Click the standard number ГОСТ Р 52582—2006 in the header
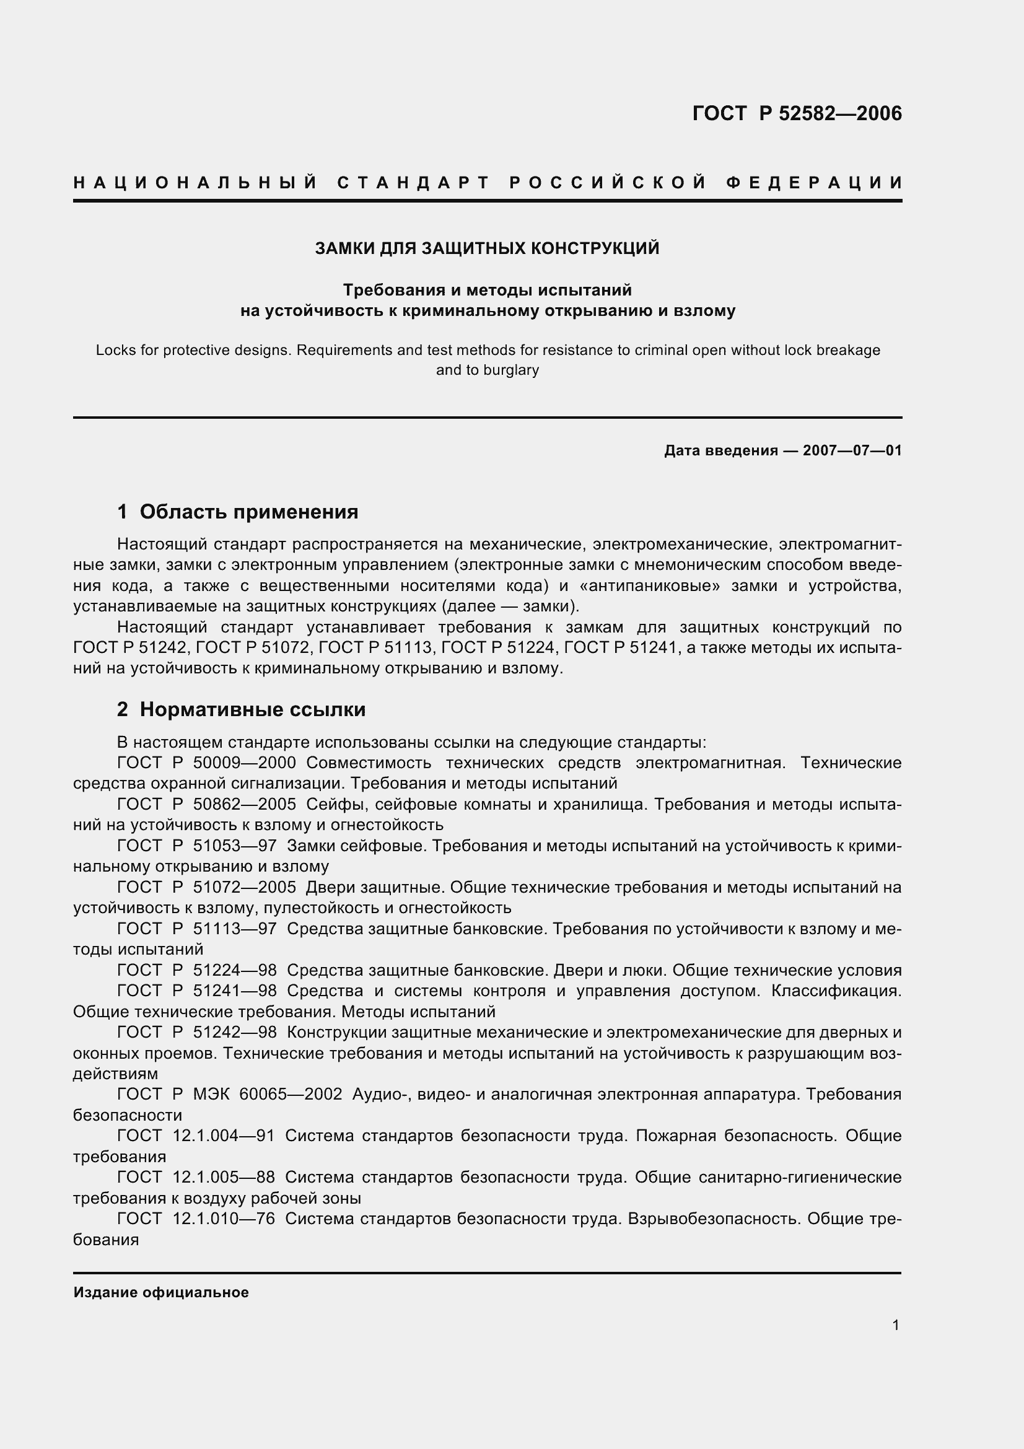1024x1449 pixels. [x=797, y=113]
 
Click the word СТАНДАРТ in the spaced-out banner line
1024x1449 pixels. [x=413, y=183]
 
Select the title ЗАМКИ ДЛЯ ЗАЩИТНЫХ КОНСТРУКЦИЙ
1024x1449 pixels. [x=487, y=248]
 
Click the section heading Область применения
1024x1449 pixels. [x=248, y=512]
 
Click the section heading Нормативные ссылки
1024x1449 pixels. [x=252, y=710]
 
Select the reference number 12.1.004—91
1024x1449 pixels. [x=224, y=1136]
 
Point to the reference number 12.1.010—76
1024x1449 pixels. [x=224, y=1219]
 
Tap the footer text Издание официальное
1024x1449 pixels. [x=161, y=1292]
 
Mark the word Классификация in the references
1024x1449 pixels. [x=836, y=991]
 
